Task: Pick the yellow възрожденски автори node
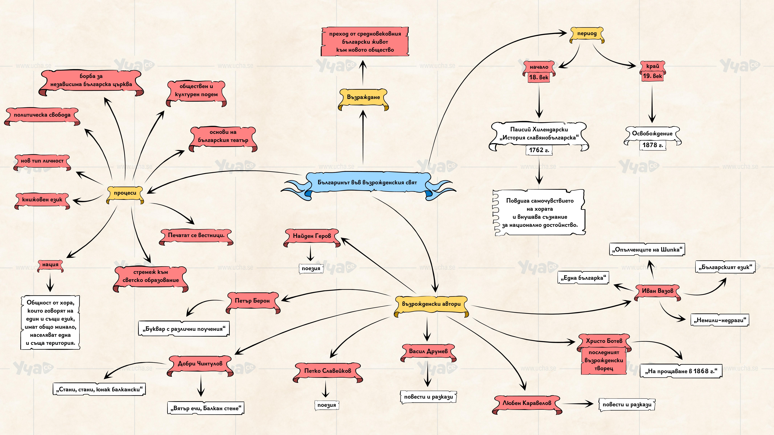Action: [x=431, y=304]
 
